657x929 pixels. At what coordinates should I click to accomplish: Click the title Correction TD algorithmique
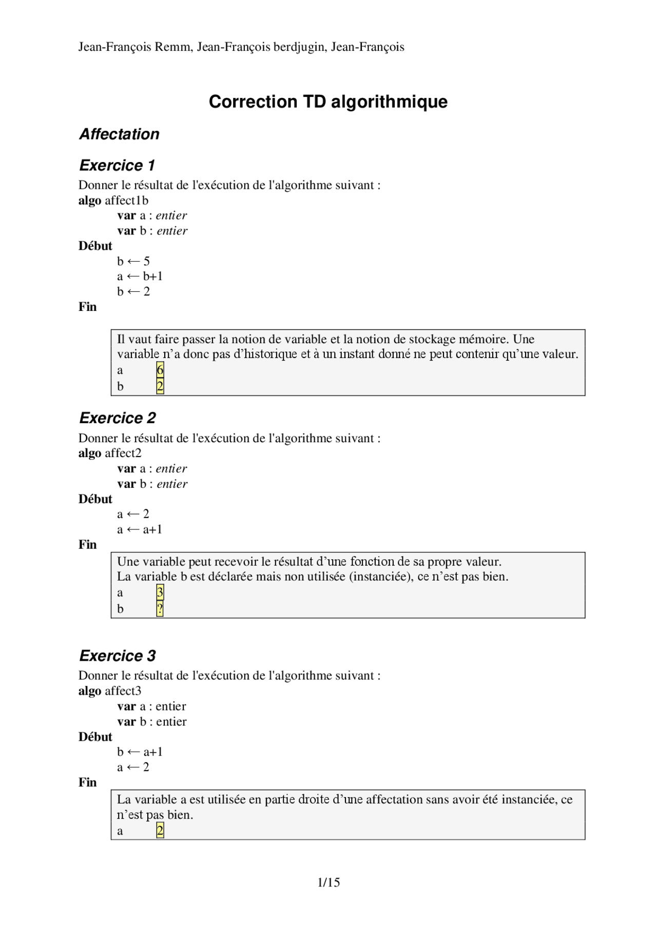point(328,102)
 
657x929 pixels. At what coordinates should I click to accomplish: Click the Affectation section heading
point(119,134)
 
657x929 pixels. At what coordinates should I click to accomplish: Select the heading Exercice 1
point(117,166)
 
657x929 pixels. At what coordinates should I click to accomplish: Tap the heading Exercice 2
point(118,418)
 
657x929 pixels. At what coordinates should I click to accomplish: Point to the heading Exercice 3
point(118,656)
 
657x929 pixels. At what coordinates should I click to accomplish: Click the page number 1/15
point(328,882)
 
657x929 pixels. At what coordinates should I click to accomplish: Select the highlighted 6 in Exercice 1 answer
point(160,370)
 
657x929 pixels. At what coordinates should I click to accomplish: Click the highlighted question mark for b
point(160,609)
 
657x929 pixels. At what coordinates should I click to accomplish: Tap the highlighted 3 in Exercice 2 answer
point(160,592)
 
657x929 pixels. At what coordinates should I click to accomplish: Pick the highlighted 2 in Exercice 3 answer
point(160,831)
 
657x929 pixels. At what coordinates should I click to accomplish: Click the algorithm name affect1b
point(126,201)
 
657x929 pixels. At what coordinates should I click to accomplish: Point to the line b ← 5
point(133,262)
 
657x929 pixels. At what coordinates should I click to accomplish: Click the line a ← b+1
point(140,276)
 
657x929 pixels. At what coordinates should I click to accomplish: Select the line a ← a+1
point(140,529)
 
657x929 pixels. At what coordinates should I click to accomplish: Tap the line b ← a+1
point(140,752)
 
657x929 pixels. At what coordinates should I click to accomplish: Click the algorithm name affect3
point(123,691)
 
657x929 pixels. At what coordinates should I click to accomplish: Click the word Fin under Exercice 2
point(88,545)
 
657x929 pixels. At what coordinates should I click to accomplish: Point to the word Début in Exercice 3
point(95,737)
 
